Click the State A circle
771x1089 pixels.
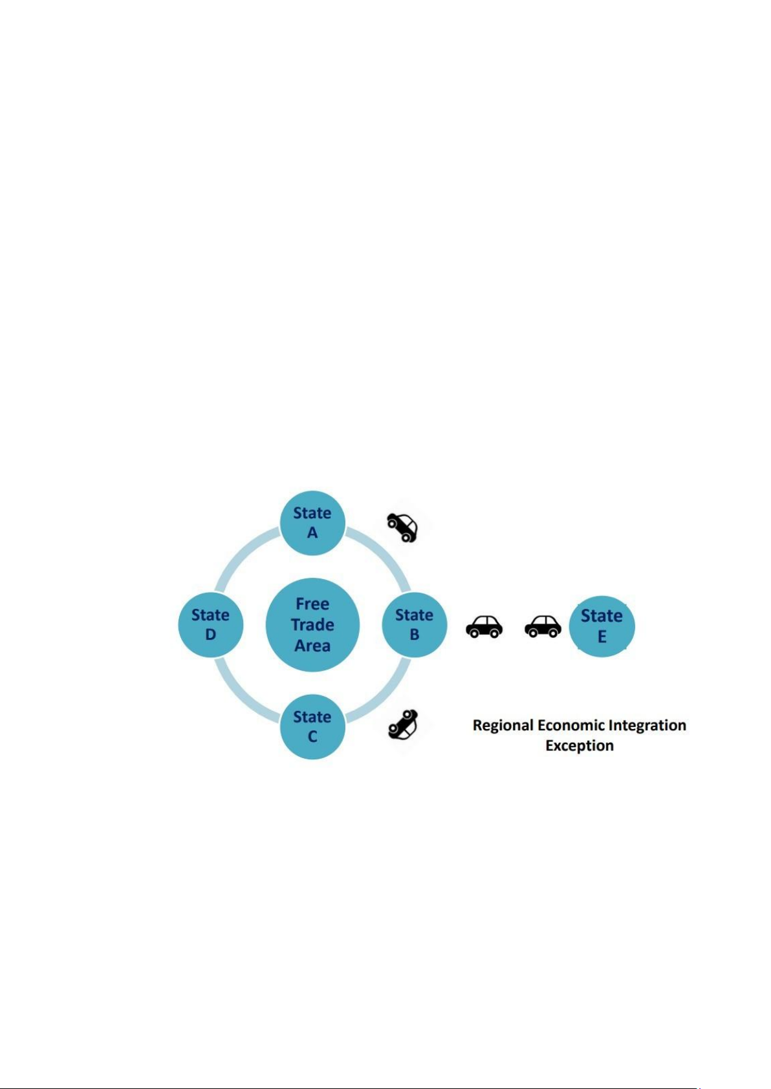[x=312, y=523]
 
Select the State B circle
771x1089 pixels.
[x=415, y=624]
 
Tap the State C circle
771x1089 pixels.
[x=312, y=726]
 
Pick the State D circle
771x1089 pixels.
[x=210, y=624]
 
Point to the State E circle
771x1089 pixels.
[x=602, y=626]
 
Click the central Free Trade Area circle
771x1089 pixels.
[x=312, y=624]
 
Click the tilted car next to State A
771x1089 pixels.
[x=402, y=527]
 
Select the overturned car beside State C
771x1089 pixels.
[x=403, y=724]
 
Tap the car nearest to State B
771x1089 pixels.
[x=484, y=626]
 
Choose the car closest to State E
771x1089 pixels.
[x=543, y=626]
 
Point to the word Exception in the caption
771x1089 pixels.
[x=580, y=746]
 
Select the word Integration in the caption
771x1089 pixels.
[x=648, y=726]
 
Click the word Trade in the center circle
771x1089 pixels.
[x=312, y=625]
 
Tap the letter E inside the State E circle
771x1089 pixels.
[x=602, y=637]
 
